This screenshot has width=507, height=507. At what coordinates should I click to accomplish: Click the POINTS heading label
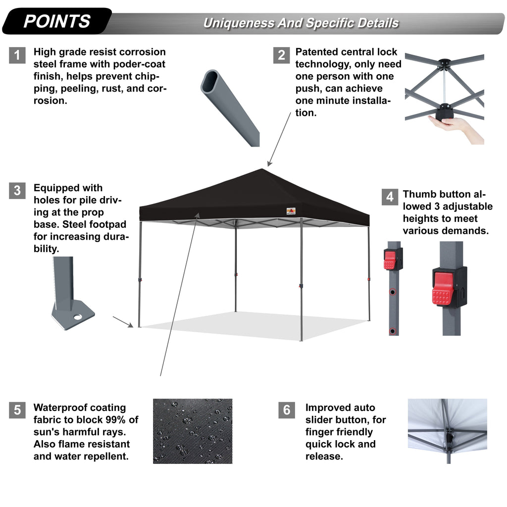[57, 21]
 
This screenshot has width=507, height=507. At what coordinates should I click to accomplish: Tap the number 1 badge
[17, 55]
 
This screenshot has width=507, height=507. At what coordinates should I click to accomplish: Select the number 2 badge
[281, 55]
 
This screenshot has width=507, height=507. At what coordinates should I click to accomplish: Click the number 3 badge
[17, 191]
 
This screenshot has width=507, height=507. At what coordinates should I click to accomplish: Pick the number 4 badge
[390, 197]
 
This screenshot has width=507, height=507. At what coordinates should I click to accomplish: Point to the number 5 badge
[17, 410]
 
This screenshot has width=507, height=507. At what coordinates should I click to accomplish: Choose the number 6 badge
[287, 410]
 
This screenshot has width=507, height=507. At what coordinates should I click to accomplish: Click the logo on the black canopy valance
[291, 211]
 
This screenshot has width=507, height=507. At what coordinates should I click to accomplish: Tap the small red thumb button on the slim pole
[390, 259]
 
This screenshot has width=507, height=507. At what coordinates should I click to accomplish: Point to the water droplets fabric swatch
[193, 431]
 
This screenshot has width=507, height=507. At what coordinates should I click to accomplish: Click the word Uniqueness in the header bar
[237, 23]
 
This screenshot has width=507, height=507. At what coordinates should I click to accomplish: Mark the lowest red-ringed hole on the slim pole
[393, 330]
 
